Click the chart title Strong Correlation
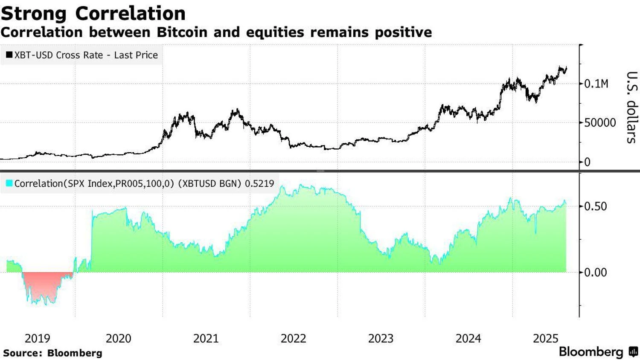[93, 14]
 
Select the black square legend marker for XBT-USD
[9, 55]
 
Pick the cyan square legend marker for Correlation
[9, 183]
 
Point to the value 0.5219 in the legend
[259, 184]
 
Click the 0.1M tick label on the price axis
[596, 84]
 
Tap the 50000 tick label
[600, 123]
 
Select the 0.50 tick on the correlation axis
[595, 206]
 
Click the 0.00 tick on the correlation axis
[595, 273]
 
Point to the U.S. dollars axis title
[631, 107]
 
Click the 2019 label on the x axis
[38, 339]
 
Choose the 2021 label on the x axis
[206, 339]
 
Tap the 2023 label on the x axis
[381, 339]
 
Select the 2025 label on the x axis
[545, 339]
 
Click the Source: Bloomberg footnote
[52, 353]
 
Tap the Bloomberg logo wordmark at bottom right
[591, 352]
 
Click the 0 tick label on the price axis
[588, 162]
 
